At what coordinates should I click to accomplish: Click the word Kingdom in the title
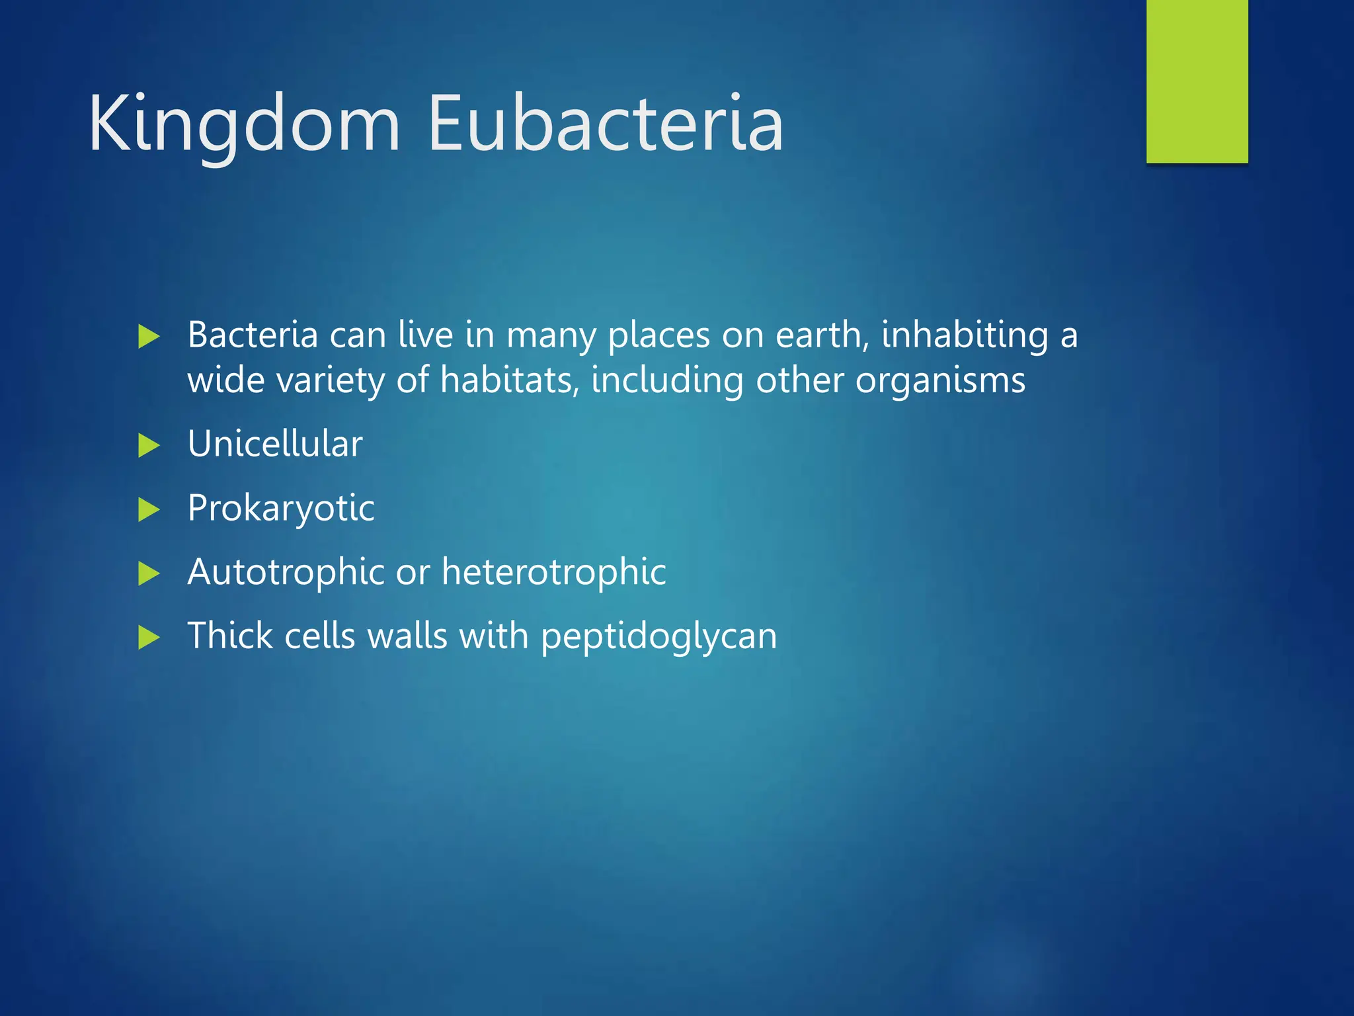245,124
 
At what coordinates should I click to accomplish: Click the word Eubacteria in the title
605,124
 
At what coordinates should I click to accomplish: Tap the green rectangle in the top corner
1197,81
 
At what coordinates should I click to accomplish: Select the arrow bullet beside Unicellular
149,445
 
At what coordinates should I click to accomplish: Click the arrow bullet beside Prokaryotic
149,509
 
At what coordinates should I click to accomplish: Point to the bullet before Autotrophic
149,573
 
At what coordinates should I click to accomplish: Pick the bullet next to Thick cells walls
149,638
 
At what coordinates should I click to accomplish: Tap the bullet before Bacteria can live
149,337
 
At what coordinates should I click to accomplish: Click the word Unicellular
275,443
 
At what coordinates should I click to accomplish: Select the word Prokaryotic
281,508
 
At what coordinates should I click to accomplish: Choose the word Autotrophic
286,571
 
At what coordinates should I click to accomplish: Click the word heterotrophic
554,571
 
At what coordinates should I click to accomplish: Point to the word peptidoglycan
658,636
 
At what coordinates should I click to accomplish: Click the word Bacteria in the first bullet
253,335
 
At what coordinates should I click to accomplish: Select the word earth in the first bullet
822,335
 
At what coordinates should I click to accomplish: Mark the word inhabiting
965,335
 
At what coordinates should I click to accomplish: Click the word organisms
940,380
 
